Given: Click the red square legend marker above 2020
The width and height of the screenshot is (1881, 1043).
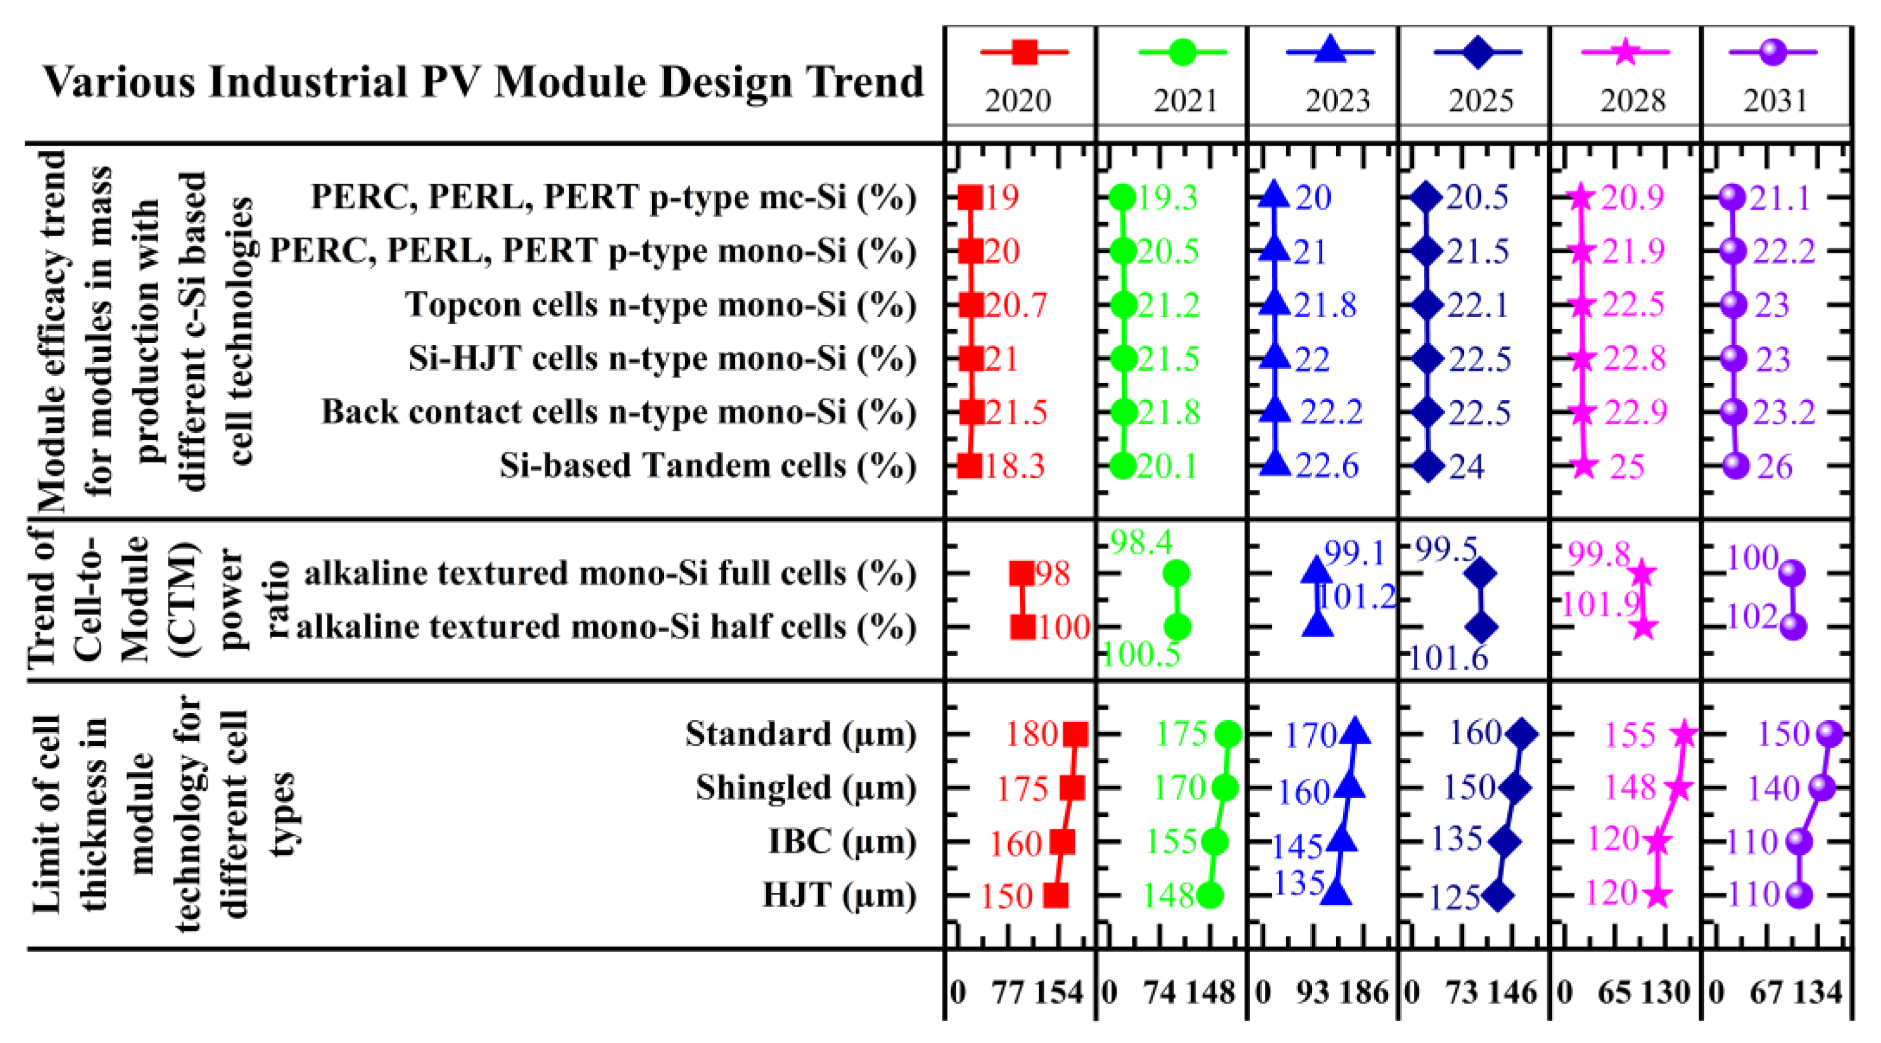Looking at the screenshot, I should pos(1024,52).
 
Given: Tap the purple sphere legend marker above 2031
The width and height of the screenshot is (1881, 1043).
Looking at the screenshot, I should pos(1772,52).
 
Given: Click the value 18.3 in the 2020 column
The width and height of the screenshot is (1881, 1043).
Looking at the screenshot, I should pos(1014,466).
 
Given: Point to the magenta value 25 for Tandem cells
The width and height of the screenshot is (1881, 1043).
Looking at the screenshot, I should pos(1627,466).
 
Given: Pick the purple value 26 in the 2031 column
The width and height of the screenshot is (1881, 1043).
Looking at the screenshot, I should pos(1775,466).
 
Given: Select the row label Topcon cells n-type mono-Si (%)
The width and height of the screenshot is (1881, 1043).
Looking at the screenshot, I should pos(660,304).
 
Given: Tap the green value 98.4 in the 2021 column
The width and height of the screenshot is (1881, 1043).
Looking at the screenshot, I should pos(1140,542).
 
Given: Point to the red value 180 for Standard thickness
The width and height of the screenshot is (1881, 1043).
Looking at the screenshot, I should pos(1031,733).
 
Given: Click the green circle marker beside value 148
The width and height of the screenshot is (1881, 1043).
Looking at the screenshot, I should pos(1210,894).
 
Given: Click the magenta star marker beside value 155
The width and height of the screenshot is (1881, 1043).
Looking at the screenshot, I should pos(1684,733).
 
